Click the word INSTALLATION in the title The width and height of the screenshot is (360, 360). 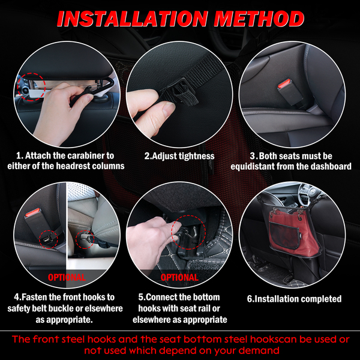click(133, 19)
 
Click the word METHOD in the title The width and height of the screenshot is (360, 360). click(259, 19)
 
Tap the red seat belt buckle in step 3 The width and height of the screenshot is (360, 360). click(284, 84)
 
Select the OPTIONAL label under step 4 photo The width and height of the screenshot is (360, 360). click(67, 277)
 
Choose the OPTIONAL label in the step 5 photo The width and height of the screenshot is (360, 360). click(179, 277)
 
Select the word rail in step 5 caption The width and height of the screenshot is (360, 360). click(203, 308)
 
